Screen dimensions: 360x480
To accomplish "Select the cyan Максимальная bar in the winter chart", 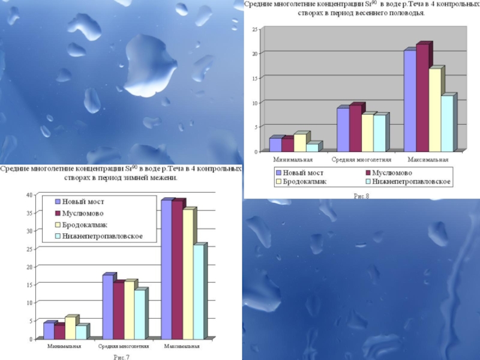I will (x=199, y=292).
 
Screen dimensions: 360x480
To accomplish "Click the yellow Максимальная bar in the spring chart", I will (x=435, y=110).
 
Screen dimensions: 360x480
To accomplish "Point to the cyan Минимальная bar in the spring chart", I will (x=312, y=148).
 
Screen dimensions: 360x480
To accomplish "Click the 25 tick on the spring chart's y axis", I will (x=255, y=29).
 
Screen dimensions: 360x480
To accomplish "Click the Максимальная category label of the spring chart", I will (x=428, y=160).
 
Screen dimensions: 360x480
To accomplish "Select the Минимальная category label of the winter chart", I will (x=65, y=347).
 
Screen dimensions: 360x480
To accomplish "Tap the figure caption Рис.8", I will (x=361, y=196).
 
